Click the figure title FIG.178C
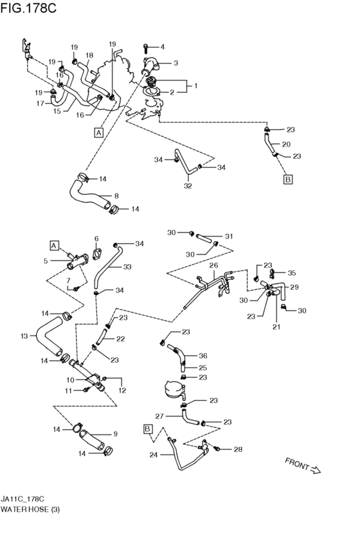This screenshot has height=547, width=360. [x=28, y=8]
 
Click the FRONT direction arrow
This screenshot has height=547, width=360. [x=315, y=470]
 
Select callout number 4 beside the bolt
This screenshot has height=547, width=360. [x=163, y=47]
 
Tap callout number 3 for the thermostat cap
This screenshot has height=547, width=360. [x=175, y=63]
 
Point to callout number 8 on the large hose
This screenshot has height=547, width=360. [x=116, y=196]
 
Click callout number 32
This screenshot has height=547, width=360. [x=188, y=186]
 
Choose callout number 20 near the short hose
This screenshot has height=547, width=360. [x=286, y=144]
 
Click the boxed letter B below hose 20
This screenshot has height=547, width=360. [x=288, y=179]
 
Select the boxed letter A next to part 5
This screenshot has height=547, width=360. [x=54, y=246]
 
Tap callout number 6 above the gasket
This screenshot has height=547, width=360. [x=96, y=238]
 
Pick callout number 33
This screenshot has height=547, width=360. [x=127, y=267]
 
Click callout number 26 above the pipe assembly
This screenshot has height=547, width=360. [x=213, y=265]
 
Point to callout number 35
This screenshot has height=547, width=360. [x=292, y=273]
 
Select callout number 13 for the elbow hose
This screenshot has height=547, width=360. [x=24, y=336]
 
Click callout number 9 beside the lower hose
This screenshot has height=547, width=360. [x=115, y=434]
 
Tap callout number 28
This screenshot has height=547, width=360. [x=238, y=449]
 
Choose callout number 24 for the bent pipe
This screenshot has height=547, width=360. [x=154, y=455]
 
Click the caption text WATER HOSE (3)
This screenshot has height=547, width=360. [x=30, y=509]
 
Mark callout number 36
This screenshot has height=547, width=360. [x=203, y=356]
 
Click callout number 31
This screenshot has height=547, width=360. [x=229, y=237]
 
